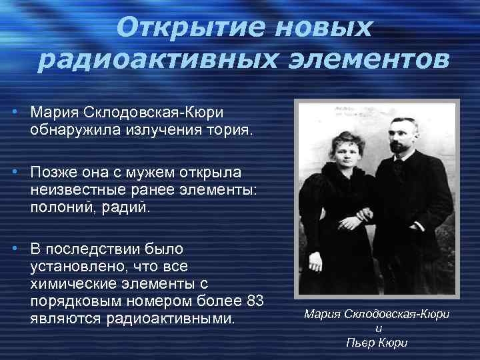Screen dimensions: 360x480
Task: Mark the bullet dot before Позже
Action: (x=14, y=173)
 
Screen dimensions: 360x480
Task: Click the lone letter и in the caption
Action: (x=377, y=327)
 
